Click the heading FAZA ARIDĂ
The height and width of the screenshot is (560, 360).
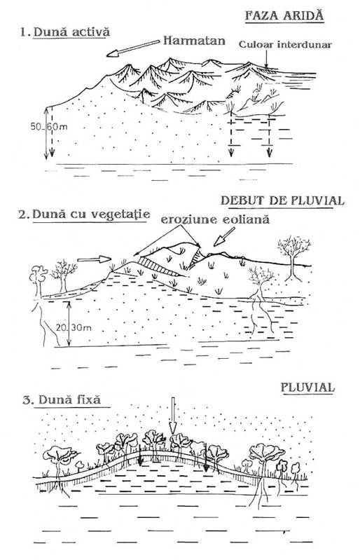coord(284,15)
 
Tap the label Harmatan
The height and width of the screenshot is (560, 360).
coord(194,41)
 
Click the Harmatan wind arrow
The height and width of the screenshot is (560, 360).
coord(133,48)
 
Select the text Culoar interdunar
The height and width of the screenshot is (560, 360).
coord(285,45)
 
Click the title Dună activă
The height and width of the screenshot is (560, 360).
coord(71,32)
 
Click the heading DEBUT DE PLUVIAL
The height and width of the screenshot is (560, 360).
coord(282,200)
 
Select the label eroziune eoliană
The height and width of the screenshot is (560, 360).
coord(215,219)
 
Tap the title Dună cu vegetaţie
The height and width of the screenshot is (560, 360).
coord(91,214)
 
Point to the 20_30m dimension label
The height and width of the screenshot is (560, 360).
coord(74,327)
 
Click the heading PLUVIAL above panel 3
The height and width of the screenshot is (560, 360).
coord(307,388)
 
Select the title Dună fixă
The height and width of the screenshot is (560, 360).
coord(69,399)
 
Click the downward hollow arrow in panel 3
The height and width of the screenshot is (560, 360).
coord(173,415)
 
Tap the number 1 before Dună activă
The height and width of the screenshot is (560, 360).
coord(24,32)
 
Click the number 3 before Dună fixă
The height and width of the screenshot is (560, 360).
coord(28,400)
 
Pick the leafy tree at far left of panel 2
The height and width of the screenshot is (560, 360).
coord(39,281)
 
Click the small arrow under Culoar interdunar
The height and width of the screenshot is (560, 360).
coord(266,58)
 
